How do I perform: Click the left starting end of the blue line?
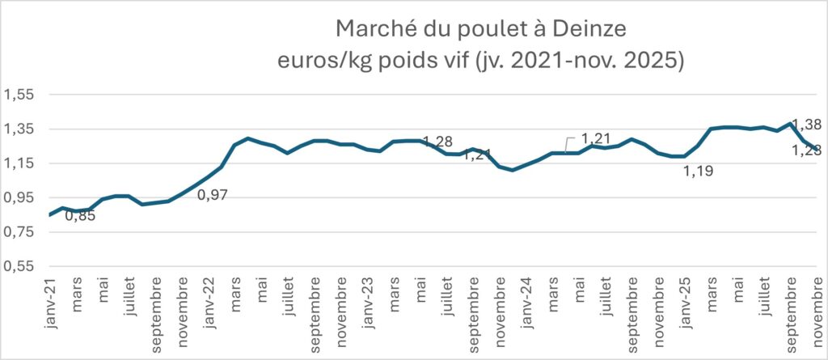(x=50, y=214)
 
